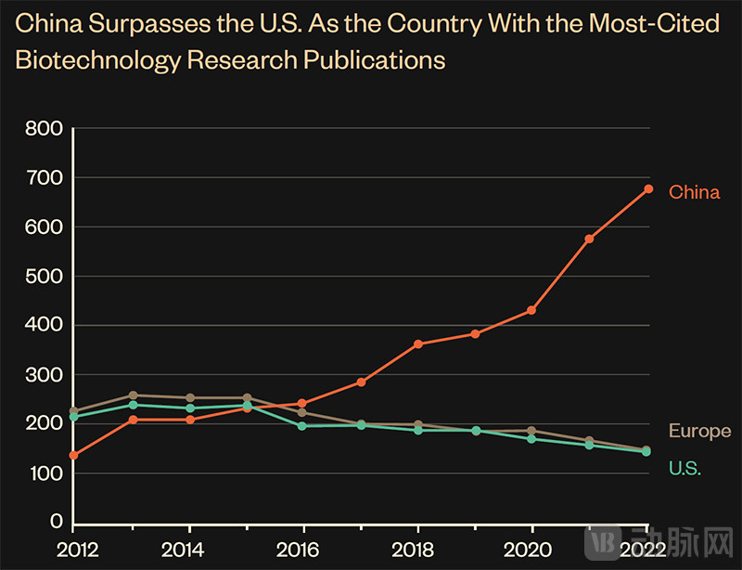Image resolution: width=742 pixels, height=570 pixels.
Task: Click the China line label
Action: (694, 193)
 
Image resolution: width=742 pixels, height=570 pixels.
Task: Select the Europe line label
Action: (699, 432)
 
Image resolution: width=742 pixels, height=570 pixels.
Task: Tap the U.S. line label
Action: (684, 468)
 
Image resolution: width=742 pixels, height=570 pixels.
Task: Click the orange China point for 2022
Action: (648, 189)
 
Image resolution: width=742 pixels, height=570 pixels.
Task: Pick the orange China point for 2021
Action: (589, 240)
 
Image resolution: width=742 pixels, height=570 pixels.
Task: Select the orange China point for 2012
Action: (73, 455)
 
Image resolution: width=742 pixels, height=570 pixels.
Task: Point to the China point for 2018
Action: (418, 344)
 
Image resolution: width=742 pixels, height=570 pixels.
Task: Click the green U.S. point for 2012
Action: (73, 417)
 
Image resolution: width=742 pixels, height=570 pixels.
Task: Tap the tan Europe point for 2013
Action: (133, 395)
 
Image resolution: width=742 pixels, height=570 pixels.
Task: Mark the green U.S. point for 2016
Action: (301, 426)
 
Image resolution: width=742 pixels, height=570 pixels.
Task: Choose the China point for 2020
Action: (531, 310)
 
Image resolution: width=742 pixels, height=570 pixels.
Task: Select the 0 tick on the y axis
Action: (55, 522)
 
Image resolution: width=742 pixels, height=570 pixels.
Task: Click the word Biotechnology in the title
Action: (95, 60)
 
